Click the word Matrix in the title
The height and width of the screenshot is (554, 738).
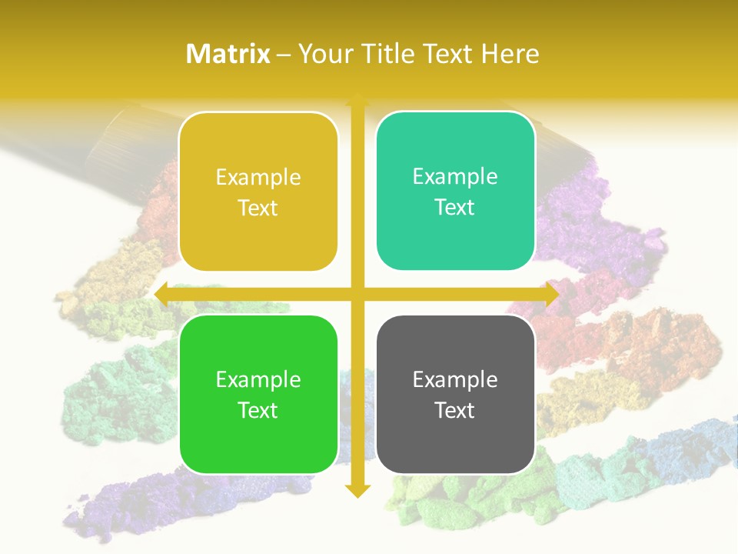[x=228, y=54]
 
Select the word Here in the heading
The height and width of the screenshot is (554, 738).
[x=510, y=54]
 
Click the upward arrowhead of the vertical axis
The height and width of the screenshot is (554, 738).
[x=357, y=100]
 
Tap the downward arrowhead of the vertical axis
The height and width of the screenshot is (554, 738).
[x=357, y=490]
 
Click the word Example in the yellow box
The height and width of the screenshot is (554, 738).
[x=258, y=178]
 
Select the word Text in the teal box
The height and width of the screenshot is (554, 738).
[x=455, y=208]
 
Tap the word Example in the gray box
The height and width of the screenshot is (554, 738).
[x=455, y=379]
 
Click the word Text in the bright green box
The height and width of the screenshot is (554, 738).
[x=258, y=410]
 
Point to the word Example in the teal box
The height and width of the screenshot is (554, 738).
[x=455, y=177]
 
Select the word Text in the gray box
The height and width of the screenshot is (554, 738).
[x=455, y=410]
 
